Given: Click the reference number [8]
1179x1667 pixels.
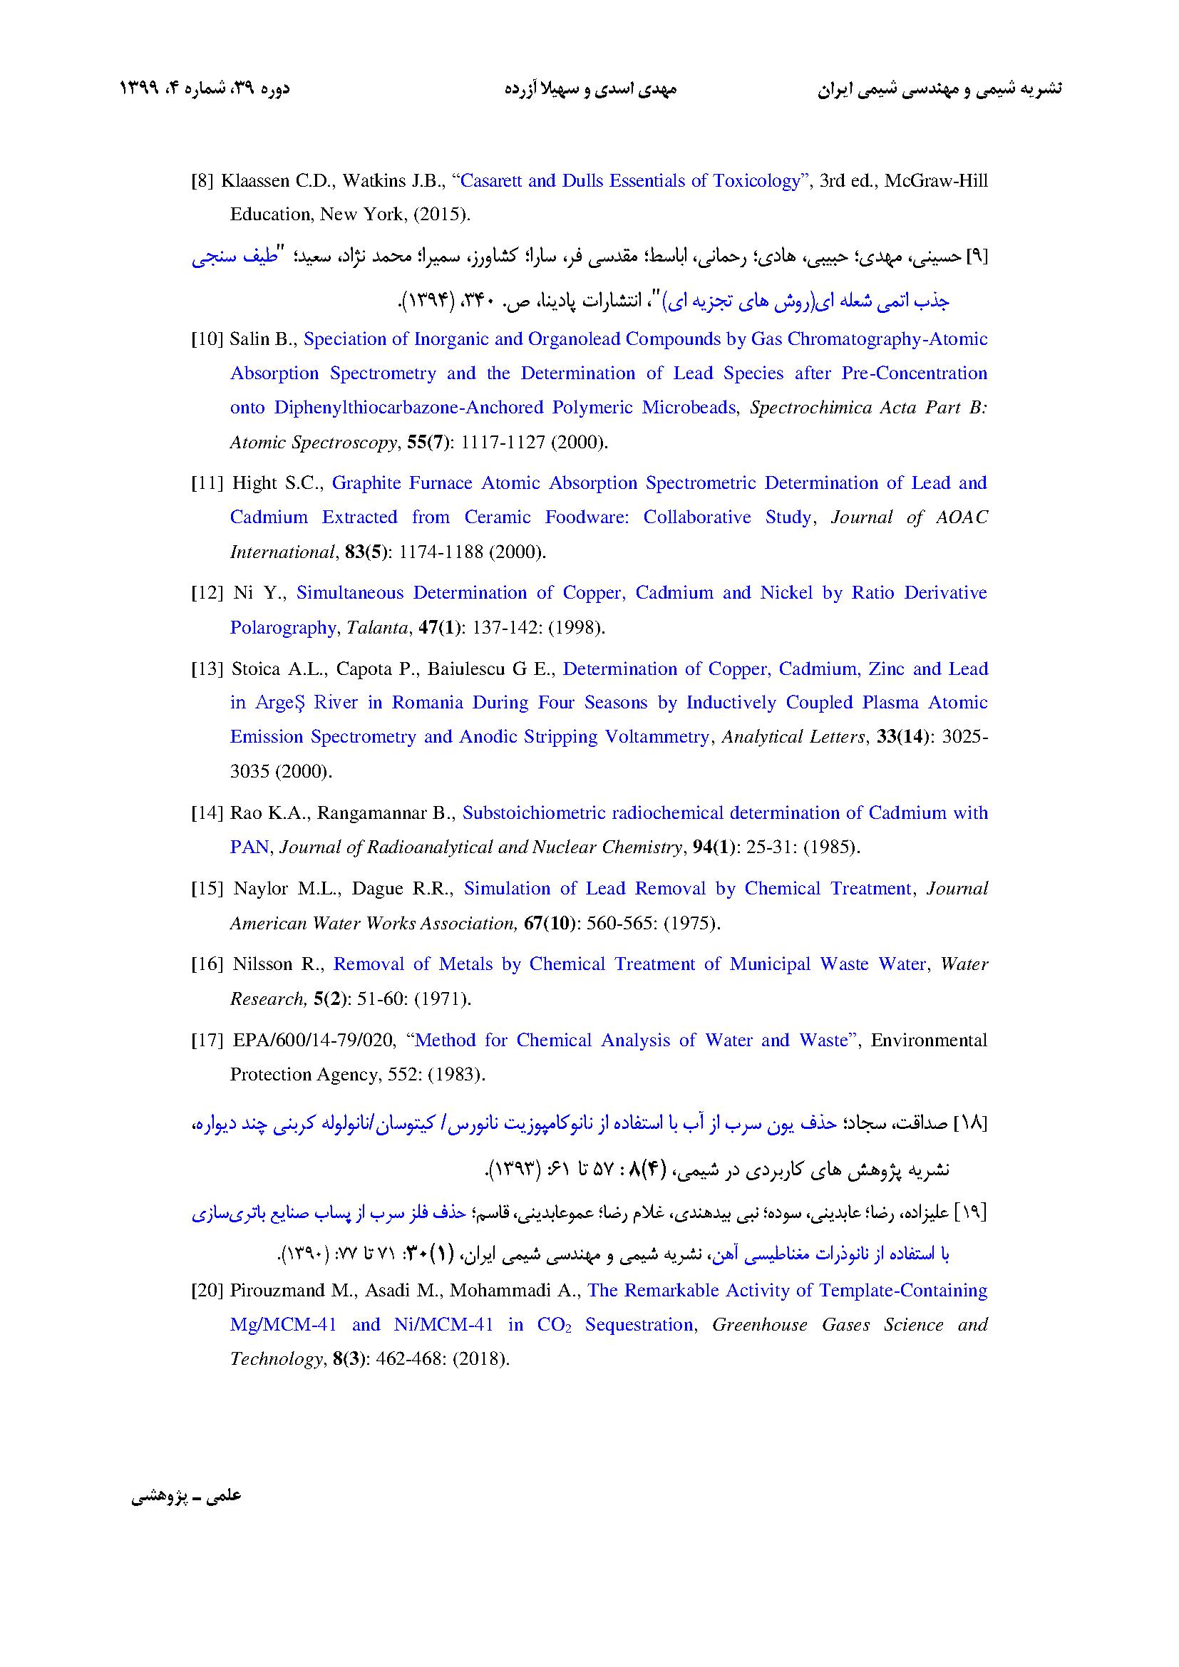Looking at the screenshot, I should [x=202, y=182].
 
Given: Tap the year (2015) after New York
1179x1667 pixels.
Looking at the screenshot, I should [x=444, y=215].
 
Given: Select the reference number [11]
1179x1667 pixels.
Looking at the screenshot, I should [x=205, y=483].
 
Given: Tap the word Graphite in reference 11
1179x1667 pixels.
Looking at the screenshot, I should [x=365, y=483].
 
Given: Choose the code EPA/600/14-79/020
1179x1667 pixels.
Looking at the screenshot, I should [x=314, y=1041].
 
